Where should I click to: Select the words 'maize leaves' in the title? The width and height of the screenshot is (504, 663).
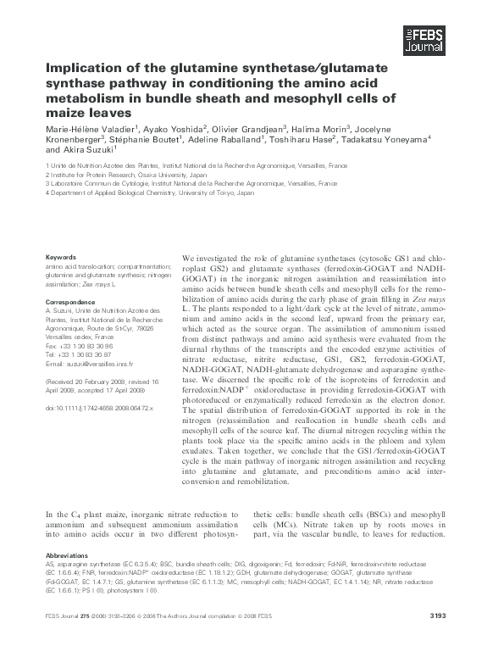pos(89,112)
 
